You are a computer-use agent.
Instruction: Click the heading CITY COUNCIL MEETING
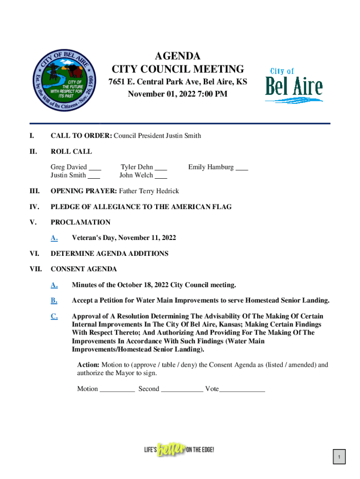point(178,70)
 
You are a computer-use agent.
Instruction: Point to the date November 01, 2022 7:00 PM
point(178,94)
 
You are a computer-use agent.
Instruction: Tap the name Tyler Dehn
point(137,167)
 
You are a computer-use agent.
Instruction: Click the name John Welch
point(136,175)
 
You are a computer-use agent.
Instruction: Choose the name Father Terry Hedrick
point(149,191)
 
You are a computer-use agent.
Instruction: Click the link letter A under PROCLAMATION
point(54,238)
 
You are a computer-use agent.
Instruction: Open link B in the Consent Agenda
point(54,300)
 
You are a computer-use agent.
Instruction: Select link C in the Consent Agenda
point(54,316)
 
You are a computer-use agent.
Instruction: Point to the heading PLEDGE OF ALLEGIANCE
point(141,207)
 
